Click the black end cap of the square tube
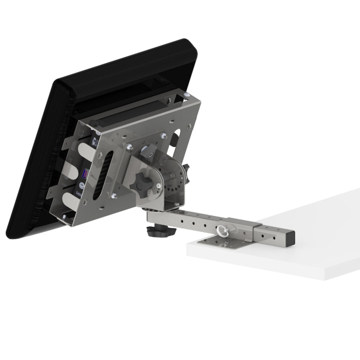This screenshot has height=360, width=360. click(x=291, y=237)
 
